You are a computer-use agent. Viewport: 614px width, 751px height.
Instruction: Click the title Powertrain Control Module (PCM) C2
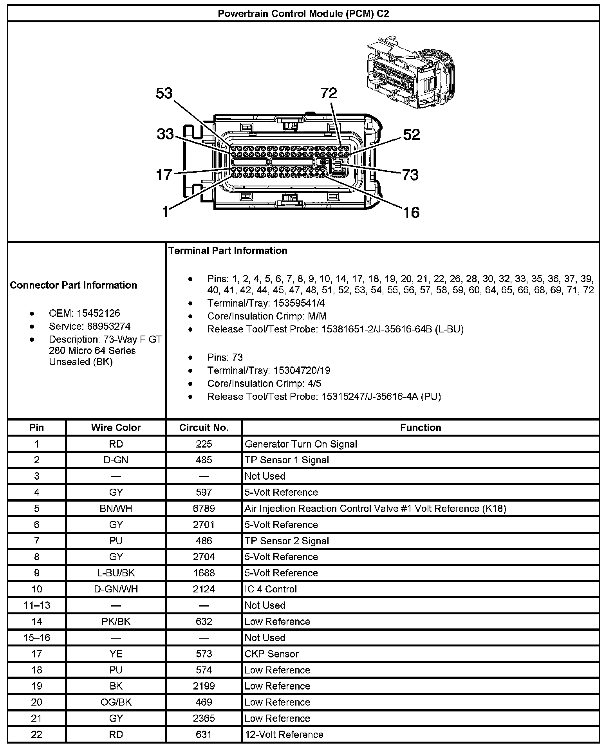303,14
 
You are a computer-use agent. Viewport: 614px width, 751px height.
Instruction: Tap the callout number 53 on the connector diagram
164,94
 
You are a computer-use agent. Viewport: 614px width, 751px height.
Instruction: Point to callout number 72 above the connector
329,93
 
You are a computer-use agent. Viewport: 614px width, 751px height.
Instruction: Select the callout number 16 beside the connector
411,213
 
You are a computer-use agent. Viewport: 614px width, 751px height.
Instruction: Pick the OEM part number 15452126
98,313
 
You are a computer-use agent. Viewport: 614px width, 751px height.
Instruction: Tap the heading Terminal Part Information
228,251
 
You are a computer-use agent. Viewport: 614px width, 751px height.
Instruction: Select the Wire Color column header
116,428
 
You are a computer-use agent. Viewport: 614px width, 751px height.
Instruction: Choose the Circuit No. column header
204,428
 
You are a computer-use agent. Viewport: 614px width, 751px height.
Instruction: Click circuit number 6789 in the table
204,509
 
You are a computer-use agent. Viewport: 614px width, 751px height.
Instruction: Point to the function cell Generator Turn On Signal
301,444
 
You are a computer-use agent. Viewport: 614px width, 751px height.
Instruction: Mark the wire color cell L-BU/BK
116,573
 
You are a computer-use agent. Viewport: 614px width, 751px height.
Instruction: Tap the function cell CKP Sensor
271,654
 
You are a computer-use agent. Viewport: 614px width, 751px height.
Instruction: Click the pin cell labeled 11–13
37,605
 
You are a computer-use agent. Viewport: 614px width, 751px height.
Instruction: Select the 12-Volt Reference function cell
284,735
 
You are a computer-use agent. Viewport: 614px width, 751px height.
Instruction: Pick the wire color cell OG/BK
116,702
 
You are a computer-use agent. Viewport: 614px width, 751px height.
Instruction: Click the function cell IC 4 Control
271,589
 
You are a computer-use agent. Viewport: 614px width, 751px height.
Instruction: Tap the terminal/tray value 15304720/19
302,370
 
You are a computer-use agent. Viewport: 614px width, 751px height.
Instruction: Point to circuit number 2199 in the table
204,686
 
